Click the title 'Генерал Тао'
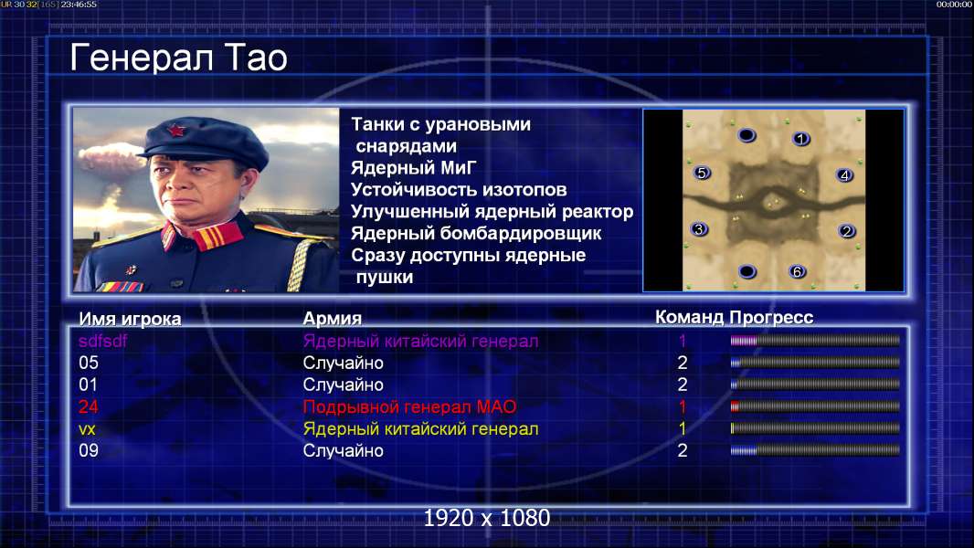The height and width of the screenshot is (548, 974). coord(178,58)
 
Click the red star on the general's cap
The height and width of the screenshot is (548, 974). coord(175,131)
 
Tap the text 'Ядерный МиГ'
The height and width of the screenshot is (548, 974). coord(414,168)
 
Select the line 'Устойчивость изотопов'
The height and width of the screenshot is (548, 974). coord(459,190)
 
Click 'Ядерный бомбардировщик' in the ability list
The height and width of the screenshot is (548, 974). coord(476,234)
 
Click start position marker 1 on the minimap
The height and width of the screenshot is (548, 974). coord(800,139)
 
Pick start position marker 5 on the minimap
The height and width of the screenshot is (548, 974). coord(702,173)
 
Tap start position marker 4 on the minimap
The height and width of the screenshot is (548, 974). coord(844,175)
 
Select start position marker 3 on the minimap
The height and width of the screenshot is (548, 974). coord(699,229)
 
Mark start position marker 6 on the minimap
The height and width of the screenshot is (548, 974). coord(797,271)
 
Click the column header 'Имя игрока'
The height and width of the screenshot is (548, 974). coord(130,319)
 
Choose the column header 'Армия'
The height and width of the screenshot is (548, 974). coord(333,319)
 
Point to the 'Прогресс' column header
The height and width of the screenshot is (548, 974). coord(771,318)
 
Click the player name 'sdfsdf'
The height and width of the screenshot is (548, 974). coord(103,341)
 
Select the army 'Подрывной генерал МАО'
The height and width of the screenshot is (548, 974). coord(409,407)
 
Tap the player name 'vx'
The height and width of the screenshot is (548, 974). coord(87,429)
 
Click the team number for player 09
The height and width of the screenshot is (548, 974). coord(682,450)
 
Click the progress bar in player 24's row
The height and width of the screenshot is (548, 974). coord(815,407)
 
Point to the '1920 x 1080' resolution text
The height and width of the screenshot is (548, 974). coord(486,518)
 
